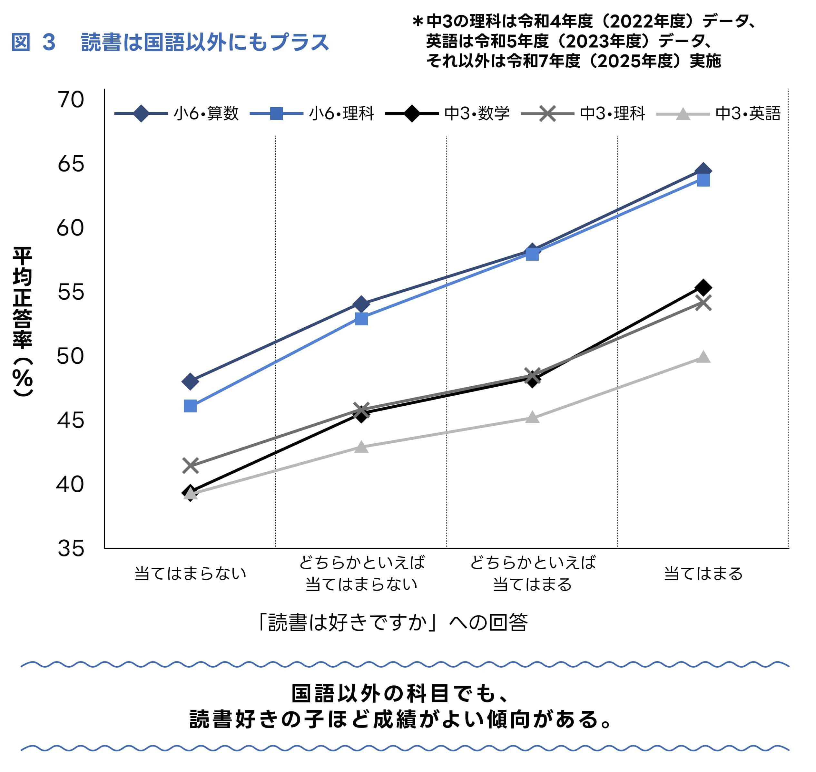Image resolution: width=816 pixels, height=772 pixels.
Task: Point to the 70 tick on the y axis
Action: click(71, 100)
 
